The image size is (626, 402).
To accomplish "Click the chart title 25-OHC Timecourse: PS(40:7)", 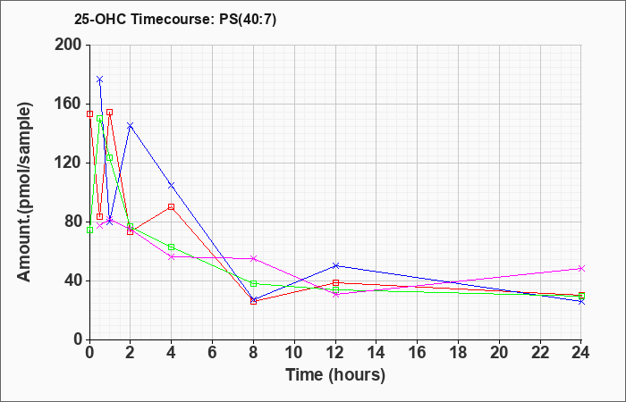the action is tap(175, 20).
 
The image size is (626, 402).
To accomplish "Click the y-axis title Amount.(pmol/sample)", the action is tap(25, 192).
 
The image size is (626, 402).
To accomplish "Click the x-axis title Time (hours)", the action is tap(335, 375).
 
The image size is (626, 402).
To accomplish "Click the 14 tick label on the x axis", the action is tap(376, 353).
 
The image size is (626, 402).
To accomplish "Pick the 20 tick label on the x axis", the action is tap(499, 353).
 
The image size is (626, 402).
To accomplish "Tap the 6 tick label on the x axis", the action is tap(213, 353).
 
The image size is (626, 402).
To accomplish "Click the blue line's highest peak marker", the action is tap(100, 80).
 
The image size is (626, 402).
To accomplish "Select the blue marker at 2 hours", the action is tap(131, 126).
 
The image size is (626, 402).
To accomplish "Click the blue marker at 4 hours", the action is tap(172, 186).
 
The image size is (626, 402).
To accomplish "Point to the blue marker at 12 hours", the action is tap(335, 265).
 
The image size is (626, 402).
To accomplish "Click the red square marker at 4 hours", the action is tap(172, 207).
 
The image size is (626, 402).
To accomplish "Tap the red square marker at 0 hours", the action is tap(89, 114).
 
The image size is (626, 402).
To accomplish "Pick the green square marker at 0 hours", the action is tap(89, 230).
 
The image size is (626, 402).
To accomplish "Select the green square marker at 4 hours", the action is tap(172, 247).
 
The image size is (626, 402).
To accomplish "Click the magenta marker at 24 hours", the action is tap(581, 269).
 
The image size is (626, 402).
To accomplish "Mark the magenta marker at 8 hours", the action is tap(253, 259).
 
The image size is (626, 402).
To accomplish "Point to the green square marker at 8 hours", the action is tap(253, 283).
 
